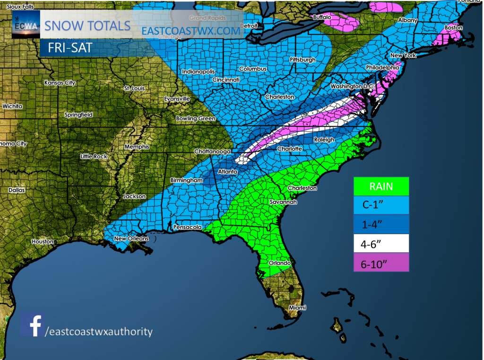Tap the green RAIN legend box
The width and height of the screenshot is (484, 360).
click(381, 186)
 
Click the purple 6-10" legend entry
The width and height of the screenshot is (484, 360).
click(381, 263)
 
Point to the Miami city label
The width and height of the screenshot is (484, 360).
click(298, 307)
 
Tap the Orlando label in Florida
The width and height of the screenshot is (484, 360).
click(279, 263)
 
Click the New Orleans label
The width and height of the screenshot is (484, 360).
click(131, 239)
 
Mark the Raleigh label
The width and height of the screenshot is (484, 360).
click(324, 140)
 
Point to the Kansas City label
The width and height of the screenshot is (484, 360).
click(60, 83)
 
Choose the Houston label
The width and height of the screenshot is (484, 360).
click(43, 241)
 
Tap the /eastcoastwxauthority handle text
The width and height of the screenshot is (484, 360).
click(99, 332)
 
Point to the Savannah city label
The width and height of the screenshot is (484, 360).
click(283, 202)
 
